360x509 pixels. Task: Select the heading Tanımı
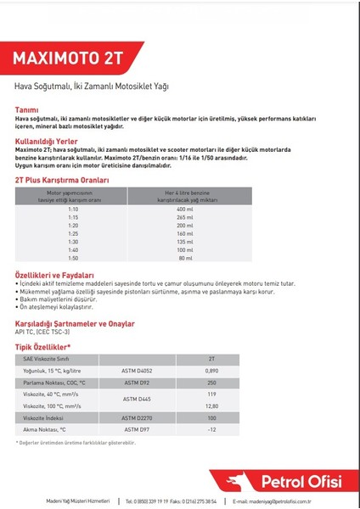(27, 109)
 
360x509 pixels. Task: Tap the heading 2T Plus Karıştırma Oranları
(62, 181)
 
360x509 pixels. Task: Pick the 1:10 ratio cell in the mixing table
(73, 209)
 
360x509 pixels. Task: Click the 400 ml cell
(186, 209)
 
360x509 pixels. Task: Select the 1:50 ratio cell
(73, 257)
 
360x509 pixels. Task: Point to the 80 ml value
(186, 257)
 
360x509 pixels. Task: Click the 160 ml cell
(186, 232)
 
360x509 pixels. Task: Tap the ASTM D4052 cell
(138, 371)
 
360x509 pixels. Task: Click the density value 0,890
(211, 371)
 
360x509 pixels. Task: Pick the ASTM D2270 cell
(138, 418)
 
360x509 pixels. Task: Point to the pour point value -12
(211, 430)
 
